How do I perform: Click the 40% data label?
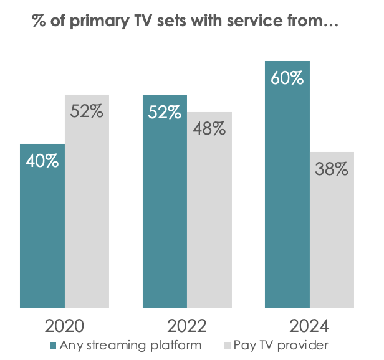click(x=42, y=161)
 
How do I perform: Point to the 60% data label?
click(x=287, y=78)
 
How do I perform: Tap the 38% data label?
click(x=332, y=169)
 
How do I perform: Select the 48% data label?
click(x=209, y=129)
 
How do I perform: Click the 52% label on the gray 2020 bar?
click(x=87, y=112)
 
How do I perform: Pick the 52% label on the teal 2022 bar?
click(x=165, y=112)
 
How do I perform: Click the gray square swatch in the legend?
click(x=226, y=344)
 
